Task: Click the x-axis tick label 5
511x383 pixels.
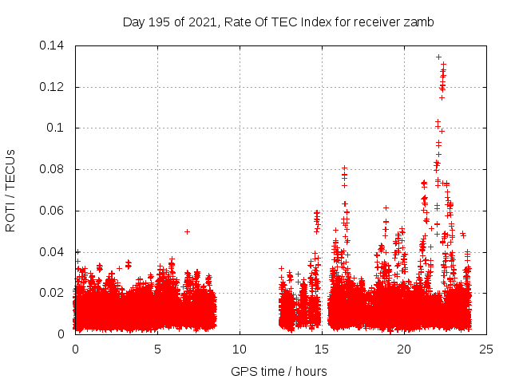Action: (158, 349)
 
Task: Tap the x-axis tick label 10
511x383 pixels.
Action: (240, 349)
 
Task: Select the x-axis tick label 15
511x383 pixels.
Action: (322, 349)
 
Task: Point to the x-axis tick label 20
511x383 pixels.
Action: (404, 349)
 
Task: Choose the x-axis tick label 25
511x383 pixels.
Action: (486, 349)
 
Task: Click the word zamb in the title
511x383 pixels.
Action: (419, 22)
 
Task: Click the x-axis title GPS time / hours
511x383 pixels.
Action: (279, 371)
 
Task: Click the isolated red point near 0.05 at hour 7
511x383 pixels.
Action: (187, 231)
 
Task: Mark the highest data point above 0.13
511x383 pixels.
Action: (438, 57)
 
